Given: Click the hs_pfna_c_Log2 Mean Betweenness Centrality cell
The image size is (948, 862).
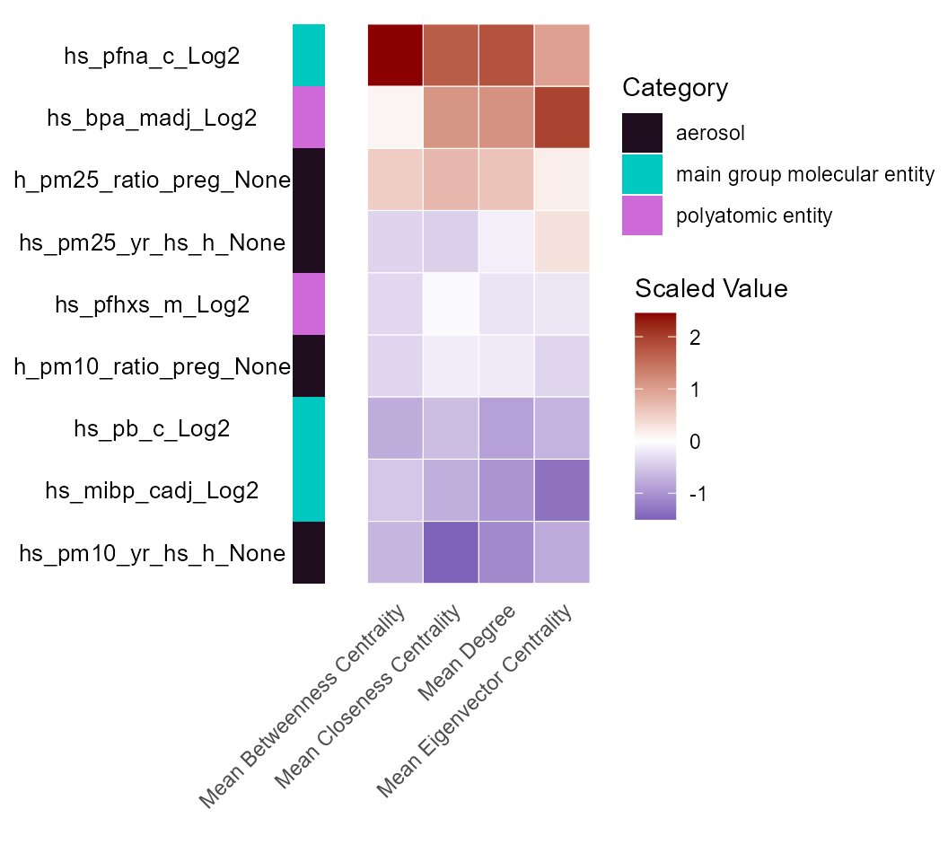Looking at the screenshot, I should click(x=395, y=56).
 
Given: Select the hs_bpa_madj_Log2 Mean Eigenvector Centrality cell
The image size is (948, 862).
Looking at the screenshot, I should click(x=562, y=118).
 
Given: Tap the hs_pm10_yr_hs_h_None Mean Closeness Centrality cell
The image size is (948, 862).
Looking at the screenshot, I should click(x=451, y=552).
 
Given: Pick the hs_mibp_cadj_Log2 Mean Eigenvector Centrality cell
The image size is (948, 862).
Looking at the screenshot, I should click(x=562, y=490).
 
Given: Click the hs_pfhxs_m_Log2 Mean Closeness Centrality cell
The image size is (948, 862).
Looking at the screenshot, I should click(x=451, y=304).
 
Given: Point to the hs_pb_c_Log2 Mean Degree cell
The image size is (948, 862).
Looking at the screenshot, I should click(x=506, y=428).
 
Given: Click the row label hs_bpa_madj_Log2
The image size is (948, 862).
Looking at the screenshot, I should click(x=152, y=119).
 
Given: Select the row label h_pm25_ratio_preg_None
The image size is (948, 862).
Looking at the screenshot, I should click(x=152, y=180).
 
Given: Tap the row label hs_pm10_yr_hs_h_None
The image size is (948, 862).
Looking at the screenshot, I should click(x=152, y=553).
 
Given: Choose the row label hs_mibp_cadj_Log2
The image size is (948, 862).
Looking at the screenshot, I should click(x=152, y=491).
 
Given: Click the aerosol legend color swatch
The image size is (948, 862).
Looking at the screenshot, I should click(x=642, y=133).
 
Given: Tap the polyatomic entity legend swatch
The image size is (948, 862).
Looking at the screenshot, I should click(x=642, y=215).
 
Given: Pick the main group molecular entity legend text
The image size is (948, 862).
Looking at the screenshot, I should click(x=805, y=174).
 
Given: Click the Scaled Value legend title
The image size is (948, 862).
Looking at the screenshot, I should click(x=711, y=289).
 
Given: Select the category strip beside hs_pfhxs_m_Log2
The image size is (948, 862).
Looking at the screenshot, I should click(x=309, y=304).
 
